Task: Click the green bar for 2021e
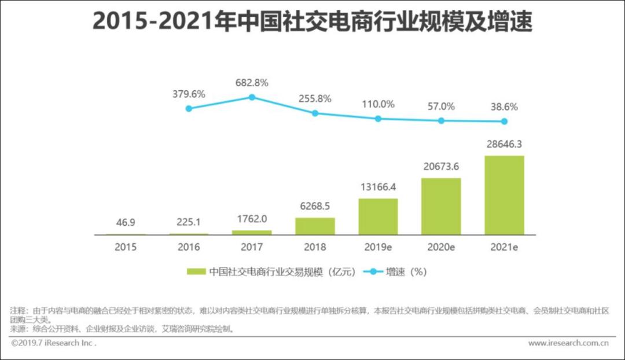[504, 195]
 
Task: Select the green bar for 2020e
[441, 206]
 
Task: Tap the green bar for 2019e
[378, 216]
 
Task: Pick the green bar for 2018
[315, 226]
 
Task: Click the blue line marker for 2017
[252, 97]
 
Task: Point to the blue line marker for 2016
[189, 108]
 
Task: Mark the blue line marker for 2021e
[504, 122]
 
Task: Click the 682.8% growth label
[252, 83]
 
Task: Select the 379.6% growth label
[189, 94]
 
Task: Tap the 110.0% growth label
[378, 105]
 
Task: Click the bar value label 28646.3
[504, 144]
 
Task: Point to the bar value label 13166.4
[378, 188]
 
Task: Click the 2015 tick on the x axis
[126, 247]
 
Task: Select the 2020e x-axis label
[441, 247]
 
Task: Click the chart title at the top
[312, 23]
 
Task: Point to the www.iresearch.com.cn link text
[568, 343]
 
